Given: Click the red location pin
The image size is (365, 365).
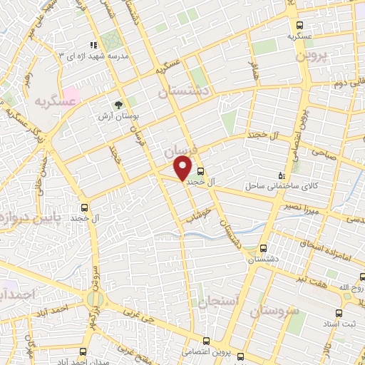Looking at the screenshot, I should pyautogui.click(x=183, y=168).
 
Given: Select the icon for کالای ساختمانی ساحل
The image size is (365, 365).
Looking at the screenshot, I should pyautogui.click(x=281, y=175).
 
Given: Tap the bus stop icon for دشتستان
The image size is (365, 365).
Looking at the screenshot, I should pyautogui.click(x=264, y=249).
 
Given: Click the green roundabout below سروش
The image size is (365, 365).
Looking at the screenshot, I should pyautogui.click(x=94, y=299).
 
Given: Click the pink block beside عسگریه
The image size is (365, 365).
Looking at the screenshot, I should pyautogui.click(x=71, y=93).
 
